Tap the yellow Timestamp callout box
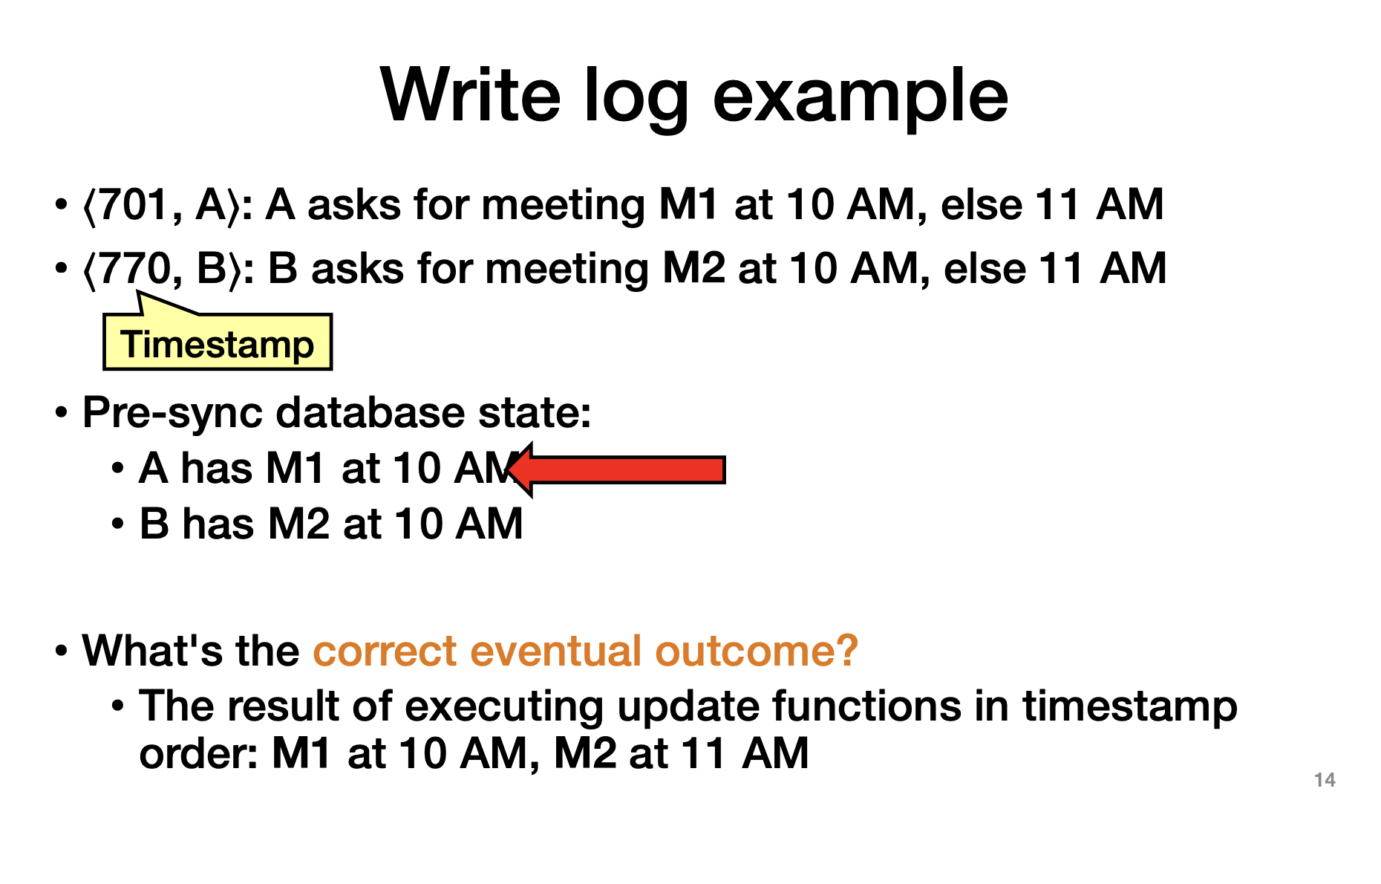(x=218, y=342)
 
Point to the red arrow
(x=616, y=469)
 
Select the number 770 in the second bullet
(x=134, y=269)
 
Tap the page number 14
(x=1325, y=780)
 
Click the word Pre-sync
(x=172, y=413)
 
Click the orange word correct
(x=385, y=651)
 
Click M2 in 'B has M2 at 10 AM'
(x=298, y=524)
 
